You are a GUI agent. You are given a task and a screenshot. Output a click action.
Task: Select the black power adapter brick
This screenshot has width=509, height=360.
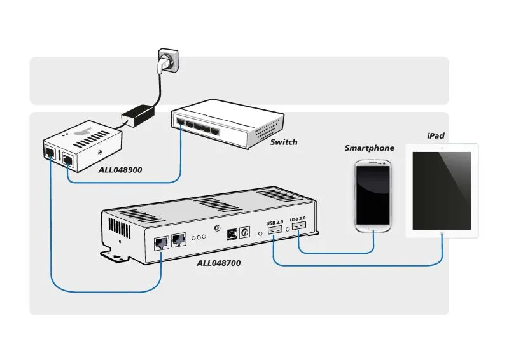click(139, 116)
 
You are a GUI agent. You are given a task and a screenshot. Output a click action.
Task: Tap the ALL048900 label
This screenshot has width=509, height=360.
click(120, 170)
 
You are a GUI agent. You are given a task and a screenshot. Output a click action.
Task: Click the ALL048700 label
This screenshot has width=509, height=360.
click(220, 261)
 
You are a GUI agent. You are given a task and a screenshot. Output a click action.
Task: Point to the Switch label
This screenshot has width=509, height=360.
click(283, 142)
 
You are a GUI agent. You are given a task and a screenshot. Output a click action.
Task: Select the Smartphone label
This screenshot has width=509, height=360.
click(369, 148)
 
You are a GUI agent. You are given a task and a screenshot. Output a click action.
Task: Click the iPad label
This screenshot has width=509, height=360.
click(436, 136)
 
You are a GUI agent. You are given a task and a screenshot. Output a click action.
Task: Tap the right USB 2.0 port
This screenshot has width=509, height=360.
click(298, 225)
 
